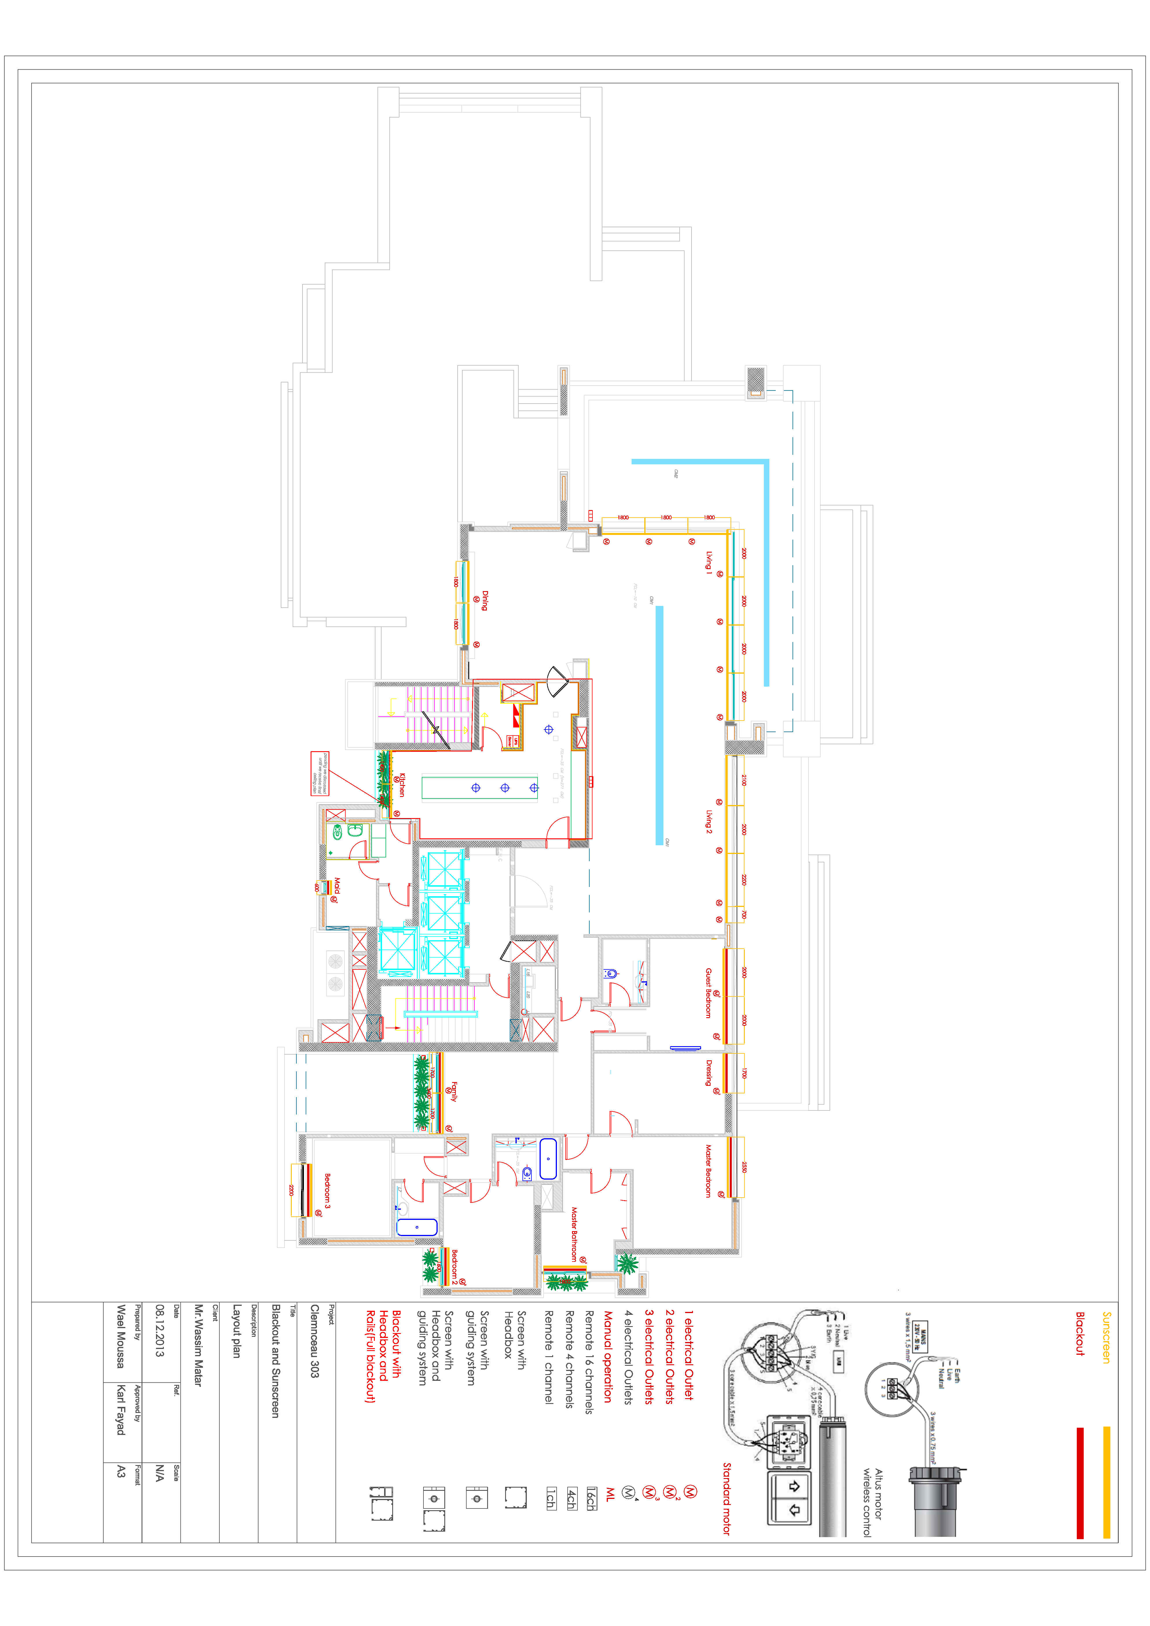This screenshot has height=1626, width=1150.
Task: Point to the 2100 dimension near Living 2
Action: (x=744, y=780)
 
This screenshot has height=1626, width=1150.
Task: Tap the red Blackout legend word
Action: (x=1080, y=1334)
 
